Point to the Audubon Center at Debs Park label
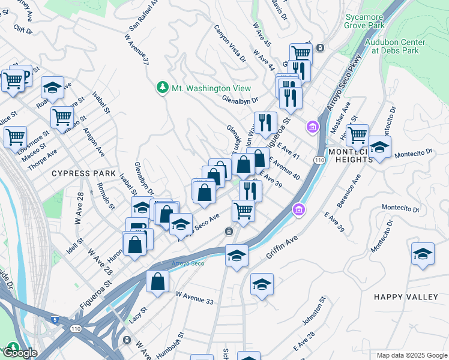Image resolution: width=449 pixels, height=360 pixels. click(x=394, y=47)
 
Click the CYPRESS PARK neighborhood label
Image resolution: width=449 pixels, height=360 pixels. click(x=83, y=173)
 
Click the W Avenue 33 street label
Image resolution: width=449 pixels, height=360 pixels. click(x=194, y=297)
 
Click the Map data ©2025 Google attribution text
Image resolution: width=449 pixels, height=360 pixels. click(x=411, y=355)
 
